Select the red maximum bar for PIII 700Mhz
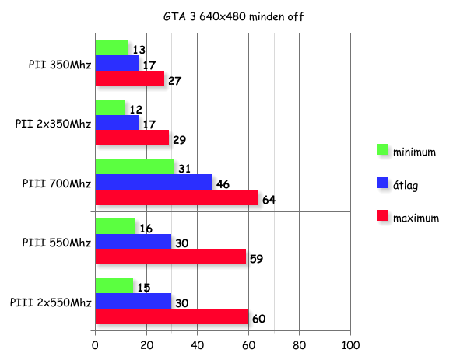[177, 197]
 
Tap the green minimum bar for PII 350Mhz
[111, 48]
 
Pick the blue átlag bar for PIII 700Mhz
[153, 182]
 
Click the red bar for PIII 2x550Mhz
[171, 316]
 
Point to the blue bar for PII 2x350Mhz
[116, 123]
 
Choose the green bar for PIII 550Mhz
[115, 226]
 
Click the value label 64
[269, 200]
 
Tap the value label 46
[223, 184]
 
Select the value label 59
[256, 259]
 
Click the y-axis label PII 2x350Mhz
[53, 124]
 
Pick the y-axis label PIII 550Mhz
[56, 242]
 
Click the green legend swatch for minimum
[381, 149]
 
